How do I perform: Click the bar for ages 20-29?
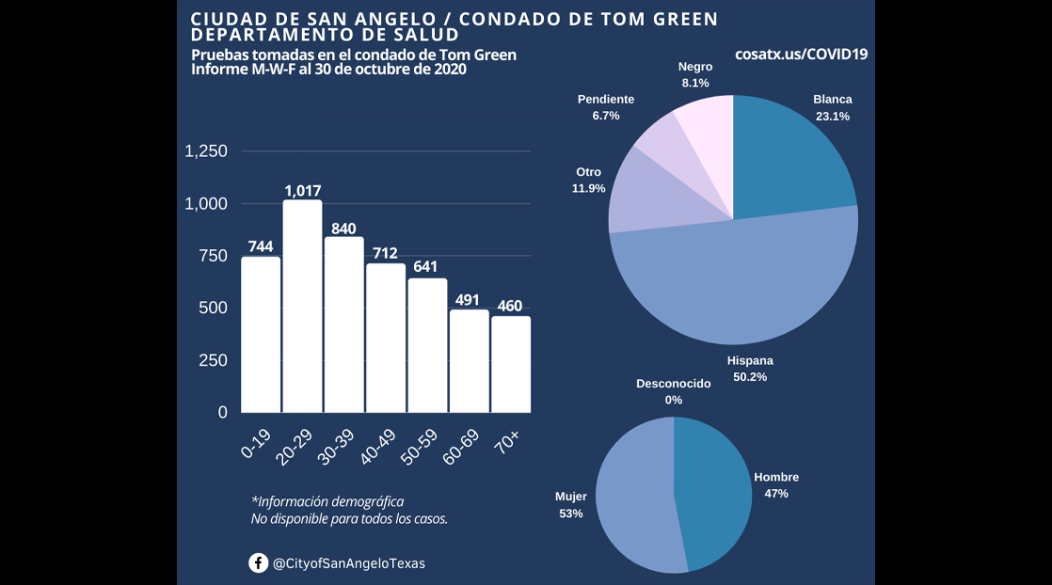tap(302, 306)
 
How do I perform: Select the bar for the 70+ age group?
tap(511, 365)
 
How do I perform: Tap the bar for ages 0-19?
tap(261, 335)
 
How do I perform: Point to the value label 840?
tap(343, 228)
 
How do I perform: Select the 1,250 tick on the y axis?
tap(206, 151)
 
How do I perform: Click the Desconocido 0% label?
tap(673, 391)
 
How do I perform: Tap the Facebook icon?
tap(258, 562)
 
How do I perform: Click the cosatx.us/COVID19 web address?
tap(801, 55)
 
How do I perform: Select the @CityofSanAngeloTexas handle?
tap(348, 563)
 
